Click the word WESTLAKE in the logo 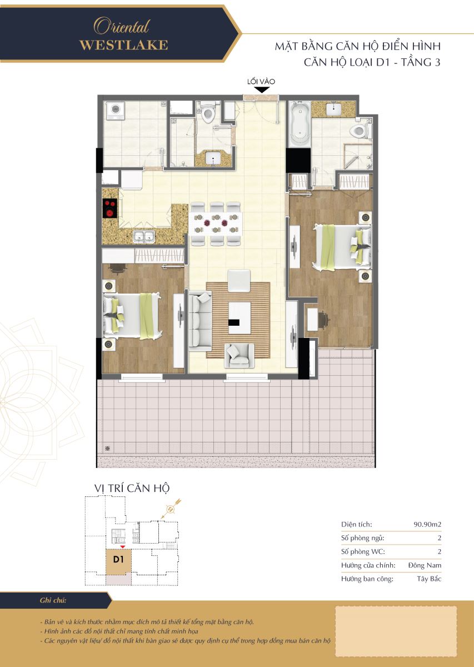point(123,45)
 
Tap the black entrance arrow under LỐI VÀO point(262,89)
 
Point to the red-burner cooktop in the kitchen point(109,208)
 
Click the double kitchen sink point(144,237)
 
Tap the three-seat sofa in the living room point(200,321)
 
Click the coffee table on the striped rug point(240,318)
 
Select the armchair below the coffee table point(239,355)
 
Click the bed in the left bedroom point(132,316)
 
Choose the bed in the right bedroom point(342,248)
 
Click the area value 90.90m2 point(427,525)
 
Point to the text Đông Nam point(425,565)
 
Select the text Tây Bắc point(429,579)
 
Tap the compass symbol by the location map point(171,509)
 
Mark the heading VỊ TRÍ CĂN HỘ point(132,489)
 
